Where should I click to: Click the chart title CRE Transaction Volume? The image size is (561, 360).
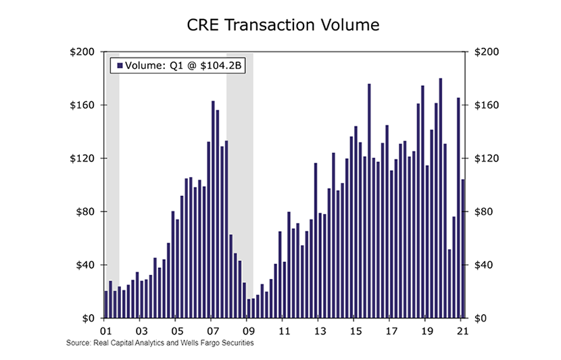pyautogui.click(x=283, y=26)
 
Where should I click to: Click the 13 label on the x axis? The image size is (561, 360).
pyautogui.click(x=319, y=331)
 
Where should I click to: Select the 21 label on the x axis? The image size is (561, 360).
pyautogui.click(x=462, y=331)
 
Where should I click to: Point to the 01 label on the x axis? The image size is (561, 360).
pyautogui.click(x=105, y=331)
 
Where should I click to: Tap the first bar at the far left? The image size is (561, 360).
pyautogui.click(x=106, y=304)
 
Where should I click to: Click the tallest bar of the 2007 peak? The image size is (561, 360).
pyautogui.click(x=213, y=209)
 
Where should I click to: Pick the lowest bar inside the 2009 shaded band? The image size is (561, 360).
pyautogui.click(x=249, y=308)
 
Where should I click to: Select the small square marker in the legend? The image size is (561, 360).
pyautogui.click(x=120, y=66)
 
